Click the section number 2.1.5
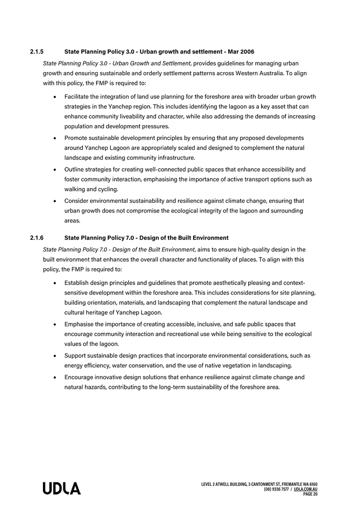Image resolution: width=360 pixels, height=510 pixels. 37,52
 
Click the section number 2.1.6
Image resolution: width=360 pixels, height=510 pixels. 37,238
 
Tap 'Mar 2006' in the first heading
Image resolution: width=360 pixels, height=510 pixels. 241,52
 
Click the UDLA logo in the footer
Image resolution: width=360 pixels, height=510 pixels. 61,489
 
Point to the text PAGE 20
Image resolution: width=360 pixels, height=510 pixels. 310,494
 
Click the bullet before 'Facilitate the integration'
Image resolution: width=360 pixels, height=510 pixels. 55,97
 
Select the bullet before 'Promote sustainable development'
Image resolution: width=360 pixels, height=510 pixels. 55,138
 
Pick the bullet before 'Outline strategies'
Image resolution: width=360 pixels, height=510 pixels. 55,170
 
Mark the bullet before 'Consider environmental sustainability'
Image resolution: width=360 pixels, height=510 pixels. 55,201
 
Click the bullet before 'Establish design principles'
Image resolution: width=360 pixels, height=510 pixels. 55,283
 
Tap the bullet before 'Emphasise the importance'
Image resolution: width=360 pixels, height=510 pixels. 55,324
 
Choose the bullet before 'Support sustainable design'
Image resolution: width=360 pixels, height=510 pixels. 55,356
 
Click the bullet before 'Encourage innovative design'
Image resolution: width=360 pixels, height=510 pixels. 55,378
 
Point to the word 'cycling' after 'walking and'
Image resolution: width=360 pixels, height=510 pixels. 106,189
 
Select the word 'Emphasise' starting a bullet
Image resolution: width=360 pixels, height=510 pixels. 80,324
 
